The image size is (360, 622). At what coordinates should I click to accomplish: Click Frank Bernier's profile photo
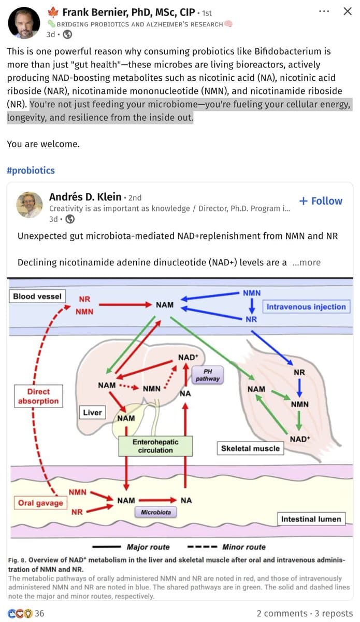coord(24,23)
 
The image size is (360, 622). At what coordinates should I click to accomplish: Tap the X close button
coord(348,11)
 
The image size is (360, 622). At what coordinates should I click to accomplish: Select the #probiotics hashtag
coord(31,171)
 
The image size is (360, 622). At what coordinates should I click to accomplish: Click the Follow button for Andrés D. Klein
coord(321,201)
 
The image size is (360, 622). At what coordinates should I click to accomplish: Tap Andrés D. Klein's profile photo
coord(30,205)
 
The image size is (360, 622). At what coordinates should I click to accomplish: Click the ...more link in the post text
coord(307,262)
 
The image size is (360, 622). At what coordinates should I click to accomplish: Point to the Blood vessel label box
coord(37,296)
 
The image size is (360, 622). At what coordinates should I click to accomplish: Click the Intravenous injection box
coord(306,307)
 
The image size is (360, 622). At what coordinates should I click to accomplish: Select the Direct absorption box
coord(38,397)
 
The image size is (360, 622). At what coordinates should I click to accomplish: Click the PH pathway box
coord(207,375)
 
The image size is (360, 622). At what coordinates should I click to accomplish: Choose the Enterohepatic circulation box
coord(155,446)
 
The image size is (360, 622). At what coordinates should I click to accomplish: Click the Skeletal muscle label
coord(250,448)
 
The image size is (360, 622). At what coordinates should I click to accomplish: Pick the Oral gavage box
coord(40,503)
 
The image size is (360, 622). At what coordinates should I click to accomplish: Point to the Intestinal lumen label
coord(311,519)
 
